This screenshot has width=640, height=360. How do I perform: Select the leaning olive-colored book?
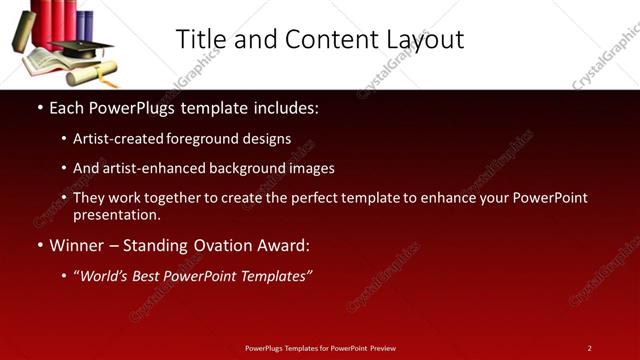pos(24,31)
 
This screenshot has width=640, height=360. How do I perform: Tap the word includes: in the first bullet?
pos(283,106)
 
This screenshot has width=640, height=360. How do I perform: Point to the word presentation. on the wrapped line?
pos(116,214)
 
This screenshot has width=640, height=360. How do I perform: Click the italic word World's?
pos(104,276)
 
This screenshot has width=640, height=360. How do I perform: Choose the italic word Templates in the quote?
pos(277,276)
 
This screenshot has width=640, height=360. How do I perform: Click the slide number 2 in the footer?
pos(589,348)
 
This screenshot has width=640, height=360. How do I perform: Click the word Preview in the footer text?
pos(382,348)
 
